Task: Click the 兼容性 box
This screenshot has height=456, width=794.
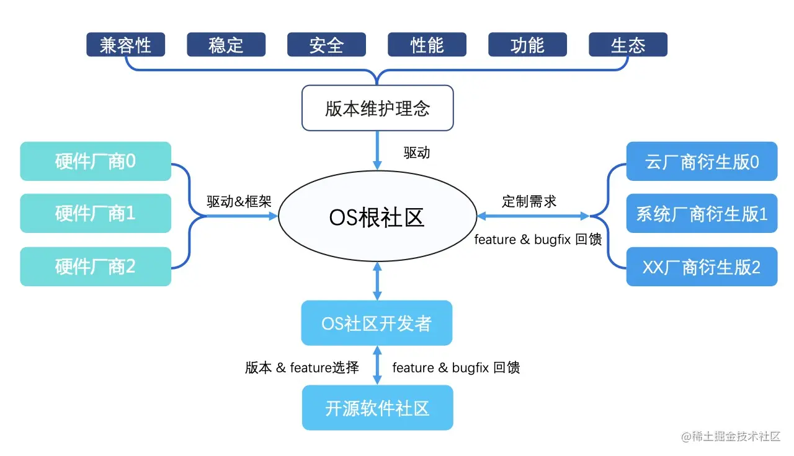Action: point(125,45)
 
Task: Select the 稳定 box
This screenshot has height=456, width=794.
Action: point(226,45)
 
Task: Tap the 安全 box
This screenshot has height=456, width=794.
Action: point(326,45)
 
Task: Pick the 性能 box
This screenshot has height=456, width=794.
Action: point(427,45)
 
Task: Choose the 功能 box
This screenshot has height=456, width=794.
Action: point(527,45)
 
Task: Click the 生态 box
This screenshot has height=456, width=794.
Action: point(628,45)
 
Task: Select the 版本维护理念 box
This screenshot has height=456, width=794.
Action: point(377,108)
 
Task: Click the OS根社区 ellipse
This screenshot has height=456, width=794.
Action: point(377,217)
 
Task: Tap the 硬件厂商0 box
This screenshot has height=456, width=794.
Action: point(96,161)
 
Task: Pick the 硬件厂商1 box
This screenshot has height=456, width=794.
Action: point(96,213)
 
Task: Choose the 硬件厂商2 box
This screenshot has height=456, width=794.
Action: point(96,266)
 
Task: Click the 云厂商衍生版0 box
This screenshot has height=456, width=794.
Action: point(702,161)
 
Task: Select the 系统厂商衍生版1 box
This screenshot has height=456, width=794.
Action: point(702,213)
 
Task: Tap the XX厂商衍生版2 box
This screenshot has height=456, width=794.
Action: point(702,266)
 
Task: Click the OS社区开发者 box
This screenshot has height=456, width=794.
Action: point(377,323)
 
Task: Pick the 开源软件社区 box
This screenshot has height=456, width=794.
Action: point(377,408)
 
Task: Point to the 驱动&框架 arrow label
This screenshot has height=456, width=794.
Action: point(239,201)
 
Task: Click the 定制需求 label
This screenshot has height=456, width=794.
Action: point(529,201)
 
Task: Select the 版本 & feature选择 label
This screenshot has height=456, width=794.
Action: point(302,367)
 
